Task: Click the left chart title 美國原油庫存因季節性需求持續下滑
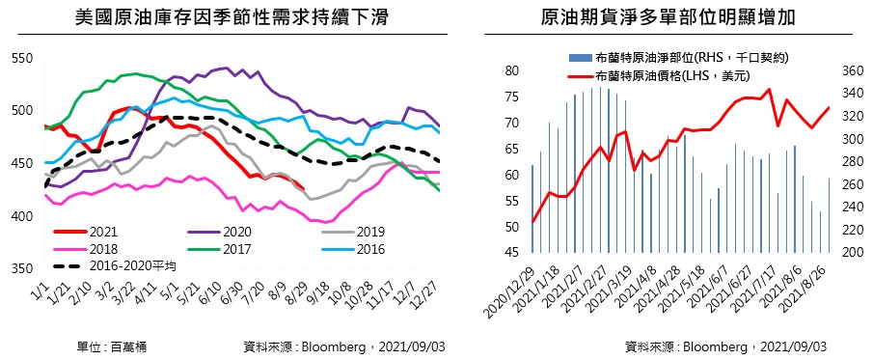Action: click(x=232, y=17)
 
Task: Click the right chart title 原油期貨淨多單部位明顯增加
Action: click(x=668, y=17)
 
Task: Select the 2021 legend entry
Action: click(x=86, y=232)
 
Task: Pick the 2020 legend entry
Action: click(x=220, y=232)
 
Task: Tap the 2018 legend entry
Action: click(x=86, y=249)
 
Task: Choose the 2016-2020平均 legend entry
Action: click(x=115, y=266)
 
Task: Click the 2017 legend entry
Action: click(x=220, y=249)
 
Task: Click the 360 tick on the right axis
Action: click(x=846, y=70)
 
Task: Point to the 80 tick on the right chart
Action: click(x=513, y=70)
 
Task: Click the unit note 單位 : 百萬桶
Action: click(x=112, y=347)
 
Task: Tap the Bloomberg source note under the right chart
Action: click(x=726, y=347)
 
